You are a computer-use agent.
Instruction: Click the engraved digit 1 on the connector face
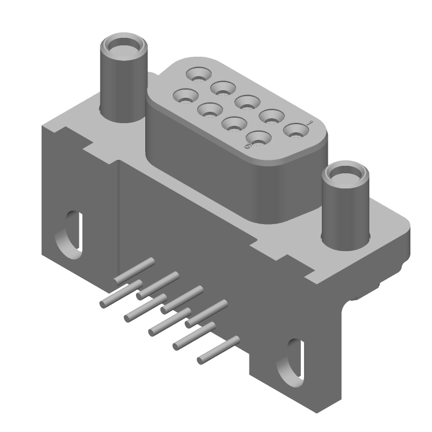coord(309,124)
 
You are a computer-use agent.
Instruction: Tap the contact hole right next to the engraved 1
coord(295,130)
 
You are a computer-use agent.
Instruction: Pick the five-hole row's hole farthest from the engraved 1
coord(198,73)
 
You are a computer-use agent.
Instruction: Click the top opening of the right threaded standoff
coord(345,176)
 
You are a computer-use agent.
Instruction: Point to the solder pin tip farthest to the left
coord(103,305)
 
